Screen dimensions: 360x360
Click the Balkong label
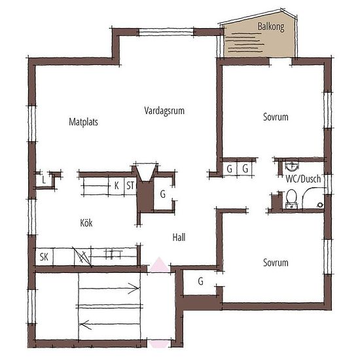click(271, 27)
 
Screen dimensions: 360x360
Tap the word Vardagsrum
click(164, 111)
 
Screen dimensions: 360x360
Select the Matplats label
click(83, 122)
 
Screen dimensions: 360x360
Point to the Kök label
click(86, 223)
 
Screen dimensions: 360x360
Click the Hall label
click(179, 237)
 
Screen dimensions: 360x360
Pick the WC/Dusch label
click(303, 179)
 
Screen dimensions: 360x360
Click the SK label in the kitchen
click(44, 257)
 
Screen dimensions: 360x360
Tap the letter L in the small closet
click(44, 180)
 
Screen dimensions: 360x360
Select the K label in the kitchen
click(117, 185)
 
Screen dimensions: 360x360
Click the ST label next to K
click(130, 185)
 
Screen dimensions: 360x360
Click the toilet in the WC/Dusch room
click(291, 199)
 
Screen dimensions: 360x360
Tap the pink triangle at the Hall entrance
click(159, 264)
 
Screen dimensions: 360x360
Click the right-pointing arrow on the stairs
click(109, 288)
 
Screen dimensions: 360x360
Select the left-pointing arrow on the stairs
click(109, 325)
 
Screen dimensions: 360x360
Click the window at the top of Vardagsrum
click(166, 32)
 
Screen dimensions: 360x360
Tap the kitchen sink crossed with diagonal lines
click(82, 257)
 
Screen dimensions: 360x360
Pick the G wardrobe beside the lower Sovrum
click(200, 281)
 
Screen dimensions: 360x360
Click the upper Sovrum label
click(276, 117)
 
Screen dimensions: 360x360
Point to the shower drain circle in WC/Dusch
click(320, 205)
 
